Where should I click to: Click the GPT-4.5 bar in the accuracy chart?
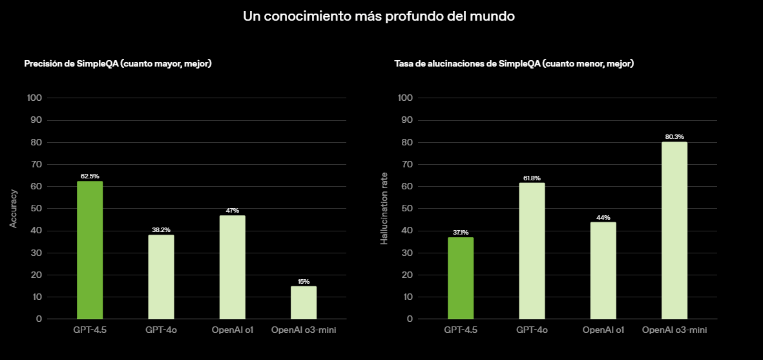[90, 250]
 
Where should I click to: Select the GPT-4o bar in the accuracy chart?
[161, 277]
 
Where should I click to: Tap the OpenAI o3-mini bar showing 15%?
[304, 302]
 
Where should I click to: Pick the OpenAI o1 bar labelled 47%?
[232, 267]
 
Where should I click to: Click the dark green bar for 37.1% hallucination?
[461, 278]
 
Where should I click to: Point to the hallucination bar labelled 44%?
[603, 270]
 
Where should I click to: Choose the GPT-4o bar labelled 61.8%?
[532, 251]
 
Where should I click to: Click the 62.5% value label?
[90, 176]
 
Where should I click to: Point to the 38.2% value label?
[161, 229]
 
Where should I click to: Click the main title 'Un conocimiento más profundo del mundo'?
[379, 16]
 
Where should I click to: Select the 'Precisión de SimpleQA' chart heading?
[118, 63]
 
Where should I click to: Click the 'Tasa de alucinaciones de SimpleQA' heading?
[514, 63]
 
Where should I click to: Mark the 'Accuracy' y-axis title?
[14, 208]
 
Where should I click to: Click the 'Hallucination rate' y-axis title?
[384, 208]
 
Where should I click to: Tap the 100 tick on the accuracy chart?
[34, 98]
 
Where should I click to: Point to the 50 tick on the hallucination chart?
[406, 209]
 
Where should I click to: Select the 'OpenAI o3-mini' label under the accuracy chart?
[304, 330]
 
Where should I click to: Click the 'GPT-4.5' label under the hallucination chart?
[461, 330]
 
